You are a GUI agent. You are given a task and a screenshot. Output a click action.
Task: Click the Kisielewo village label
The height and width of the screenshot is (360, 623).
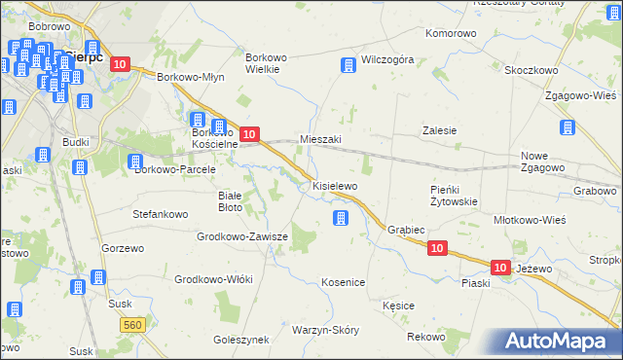[x=335, y=185]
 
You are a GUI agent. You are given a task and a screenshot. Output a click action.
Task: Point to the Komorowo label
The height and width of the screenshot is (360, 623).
[x=451, y=33]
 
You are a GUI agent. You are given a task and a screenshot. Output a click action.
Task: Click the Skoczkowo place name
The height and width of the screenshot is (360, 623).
[x=531, y=70]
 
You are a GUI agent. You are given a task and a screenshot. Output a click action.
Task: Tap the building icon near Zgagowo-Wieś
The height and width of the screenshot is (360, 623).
[x=568, y=127]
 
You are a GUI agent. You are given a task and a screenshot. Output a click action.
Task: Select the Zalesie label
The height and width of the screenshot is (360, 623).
[x=439, y=130]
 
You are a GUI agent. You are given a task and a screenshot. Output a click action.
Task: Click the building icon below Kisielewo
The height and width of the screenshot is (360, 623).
[x=340, y=218]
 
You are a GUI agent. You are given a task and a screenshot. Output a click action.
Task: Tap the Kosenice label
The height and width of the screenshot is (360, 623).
[x=343, y=282]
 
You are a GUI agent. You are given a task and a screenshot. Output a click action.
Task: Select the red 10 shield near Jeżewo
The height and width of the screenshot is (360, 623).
[x=500, y=267]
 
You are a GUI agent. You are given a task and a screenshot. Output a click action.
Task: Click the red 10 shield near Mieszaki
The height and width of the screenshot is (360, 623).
[x=249, y=134]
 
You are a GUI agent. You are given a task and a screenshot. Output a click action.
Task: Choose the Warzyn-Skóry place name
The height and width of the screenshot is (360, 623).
[x=325, y=330]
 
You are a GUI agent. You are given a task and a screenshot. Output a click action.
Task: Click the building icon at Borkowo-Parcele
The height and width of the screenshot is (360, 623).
[x=135, y=162]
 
